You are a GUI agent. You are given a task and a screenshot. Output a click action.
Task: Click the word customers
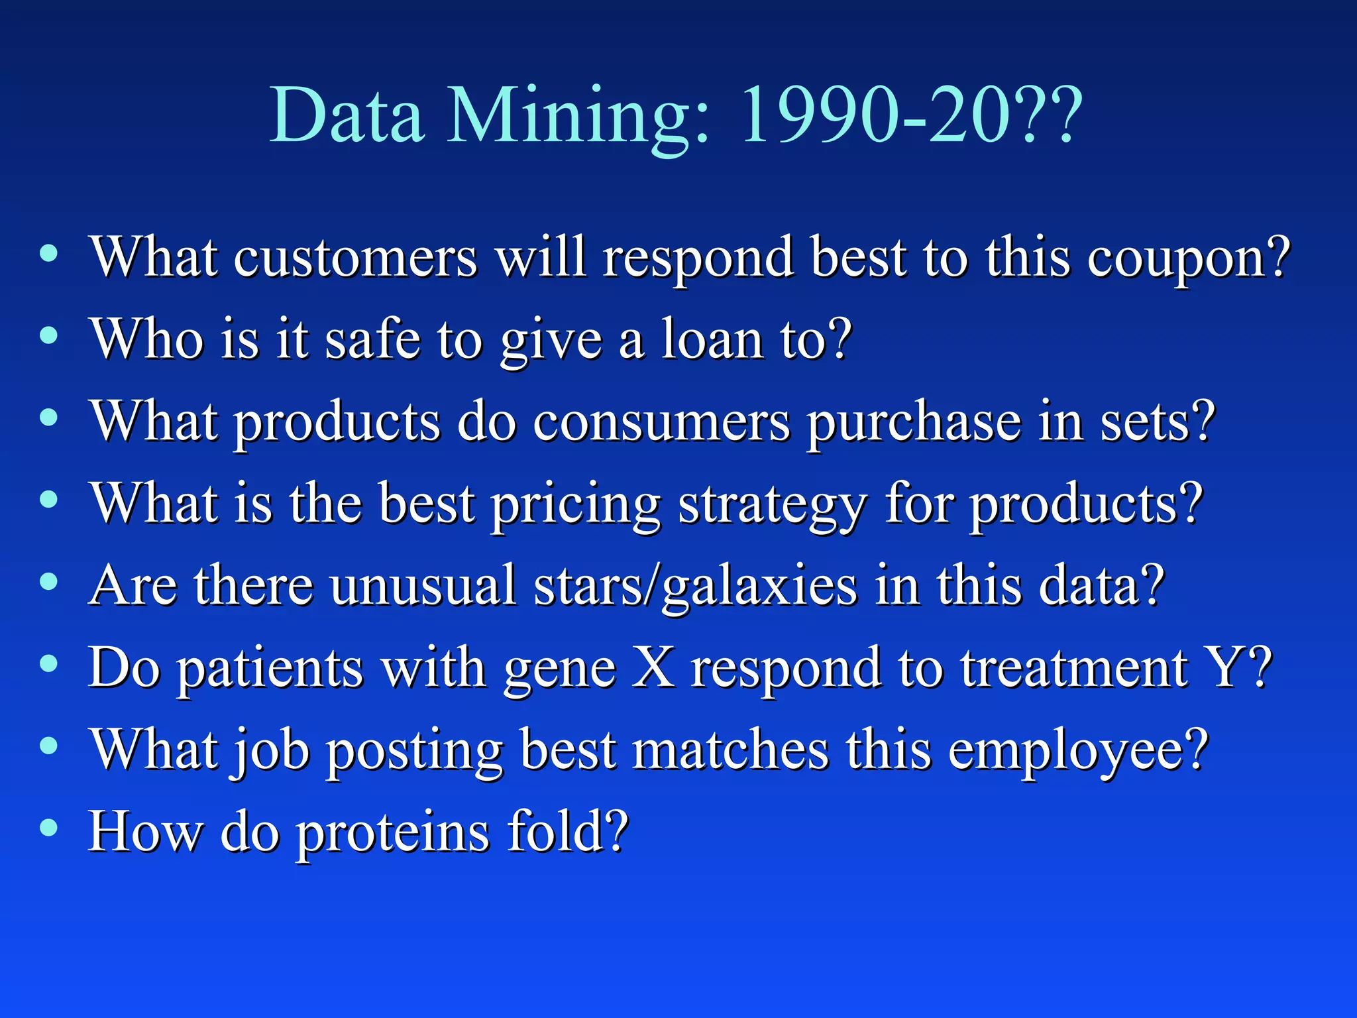tap(354, 258)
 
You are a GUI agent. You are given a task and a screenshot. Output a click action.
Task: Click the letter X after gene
tap(653, 668)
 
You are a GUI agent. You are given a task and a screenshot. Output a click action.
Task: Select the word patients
tap(272, 668)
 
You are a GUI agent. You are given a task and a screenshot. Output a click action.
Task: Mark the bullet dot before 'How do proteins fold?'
tap(48, 828)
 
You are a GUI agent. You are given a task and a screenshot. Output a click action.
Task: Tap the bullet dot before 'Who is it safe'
tap(48, 335)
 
